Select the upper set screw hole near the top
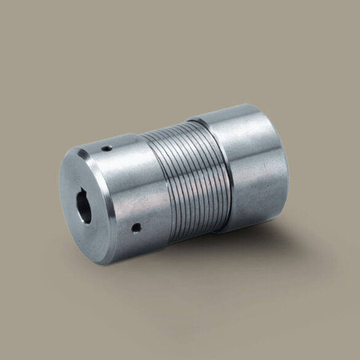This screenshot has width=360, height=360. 106,148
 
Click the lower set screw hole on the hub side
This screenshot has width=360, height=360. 136,228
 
